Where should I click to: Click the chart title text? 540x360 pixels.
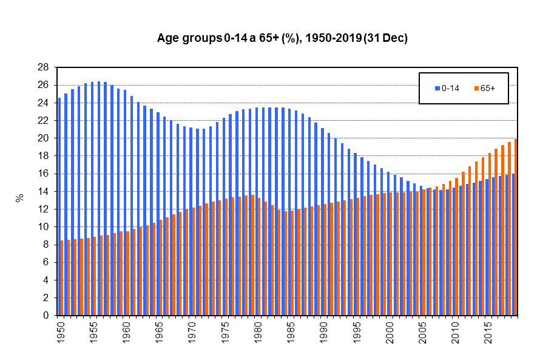pyautogui.click(x=282, y=38)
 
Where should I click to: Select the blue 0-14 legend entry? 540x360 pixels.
pyautogui.click(x=446, y=88)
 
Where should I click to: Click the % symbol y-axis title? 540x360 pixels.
pyautogui.click(x=20, y=197)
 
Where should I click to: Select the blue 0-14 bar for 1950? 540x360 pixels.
pyautogui.click(x=59, y=206)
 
